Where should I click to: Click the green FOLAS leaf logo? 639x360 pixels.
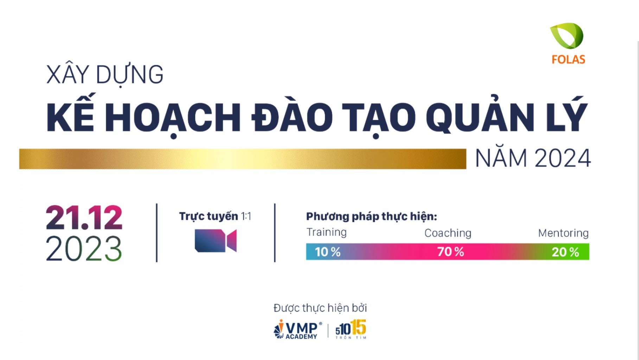567,36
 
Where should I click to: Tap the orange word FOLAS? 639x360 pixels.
568,60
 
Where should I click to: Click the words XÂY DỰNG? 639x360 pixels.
105,75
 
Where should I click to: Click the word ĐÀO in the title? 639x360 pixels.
292,117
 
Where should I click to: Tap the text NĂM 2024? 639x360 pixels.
532,159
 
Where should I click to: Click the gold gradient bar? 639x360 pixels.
242,159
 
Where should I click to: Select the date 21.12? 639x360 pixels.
84,218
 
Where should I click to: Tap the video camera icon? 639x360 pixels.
215,240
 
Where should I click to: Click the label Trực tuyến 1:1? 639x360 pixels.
215,216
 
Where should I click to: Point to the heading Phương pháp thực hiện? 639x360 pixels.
371,217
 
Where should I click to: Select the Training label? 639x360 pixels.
326,232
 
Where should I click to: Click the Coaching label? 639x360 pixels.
448,233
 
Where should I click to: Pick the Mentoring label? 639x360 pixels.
563,233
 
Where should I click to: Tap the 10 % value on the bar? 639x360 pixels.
327,252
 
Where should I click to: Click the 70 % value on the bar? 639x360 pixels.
451,252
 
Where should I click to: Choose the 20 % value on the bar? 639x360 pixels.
565,252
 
